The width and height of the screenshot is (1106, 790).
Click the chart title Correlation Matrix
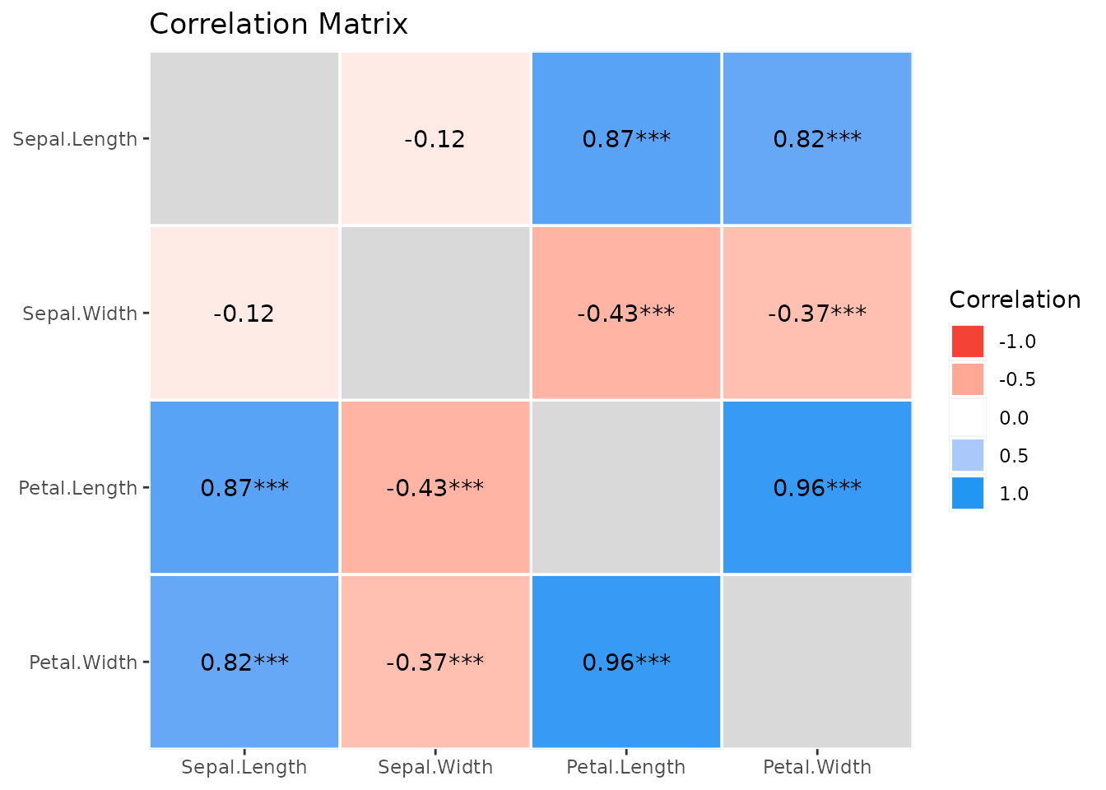pyautogui.click(x=278, y=24)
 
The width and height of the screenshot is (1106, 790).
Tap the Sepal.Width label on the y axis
pyautogui.click(x=80, y=314)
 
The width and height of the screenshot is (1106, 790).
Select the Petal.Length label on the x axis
pyautogui.click(x=625, y=767)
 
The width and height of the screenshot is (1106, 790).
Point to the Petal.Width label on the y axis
pyautogui.click(x=83, y=662)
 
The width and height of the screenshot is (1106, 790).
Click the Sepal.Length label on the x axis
pyautogui.click(x=244, y=767)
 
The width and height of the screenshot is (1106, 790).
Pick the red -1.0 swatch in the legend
pyautogui.click(x=967, y=342)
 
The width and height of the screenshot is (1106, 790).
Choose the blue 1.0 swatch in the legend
pyautogui.click(x=967, y=493)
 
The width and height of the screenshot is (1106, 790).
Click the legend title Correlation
pyautogui.click(x=1015, y=300)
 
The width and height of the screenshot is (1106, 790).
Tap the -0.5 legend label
pyautogui.click(x=1017, y=379)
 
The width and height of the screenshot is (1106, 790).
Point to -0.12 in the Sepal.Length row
pyautogui.click(x=434, y=139)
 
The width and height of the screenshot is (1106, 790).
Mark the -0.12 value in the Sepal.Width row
pyautogui.click(x=244, y=314)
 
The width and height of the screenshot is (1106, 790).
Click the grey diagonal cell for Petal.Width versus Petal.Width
pyautogui.click(x=817, y=662)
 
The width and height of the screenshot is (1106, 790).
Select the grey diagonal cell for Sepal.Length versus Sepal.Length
pyautogui.click(x=244, y=138)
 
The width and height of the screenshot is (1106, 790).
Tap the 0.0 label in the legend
pyautogui.click(x=1014, y=418)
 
